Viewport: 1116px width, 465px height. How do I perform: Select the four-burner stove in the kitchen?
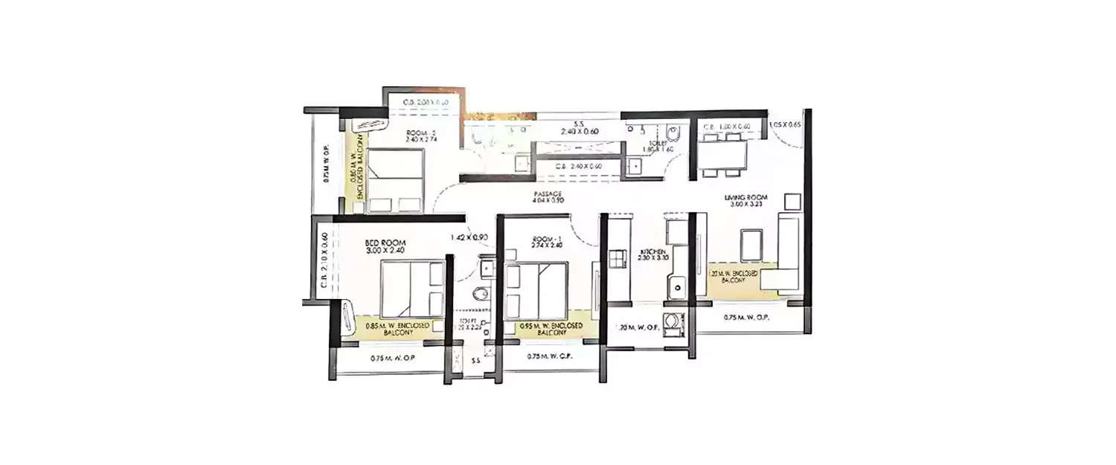[x=619, y=259]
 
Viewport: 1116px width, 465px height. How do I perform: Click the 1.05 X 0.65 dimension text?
[x=785, y=124]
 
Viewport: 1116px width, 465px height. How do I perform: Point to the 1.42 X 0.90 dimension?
[x=469, y=238]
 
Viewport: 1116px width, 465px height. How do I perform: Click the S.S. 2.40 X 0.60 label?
[x=580, y=126]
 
